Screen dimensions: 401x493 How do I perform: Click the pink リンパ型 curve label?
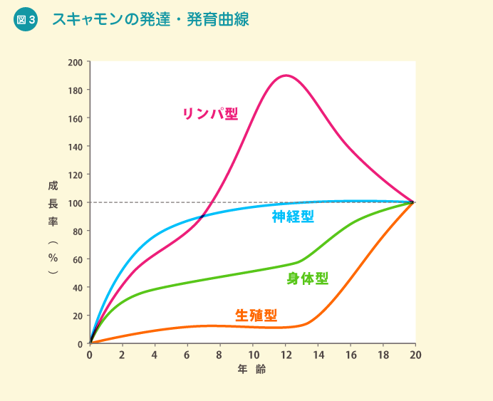coord(210,113)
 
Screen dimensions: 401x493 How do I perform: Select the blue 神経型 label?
coord(293,217)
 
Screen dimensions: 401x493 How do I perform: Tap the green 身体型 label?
coord(308,278)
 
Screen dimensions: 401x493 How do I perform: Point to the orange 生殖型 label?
coord(256,315)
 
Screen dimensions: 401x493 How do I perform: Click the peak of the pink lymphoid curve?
coord(286,75)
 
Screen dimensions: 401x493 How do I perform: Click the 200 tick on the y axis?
coord(75,62)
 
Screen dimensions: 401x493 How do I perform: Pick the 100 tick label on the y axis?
coord(75,203)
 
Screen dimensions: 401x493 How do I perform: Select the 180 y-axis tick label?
coord(75,90)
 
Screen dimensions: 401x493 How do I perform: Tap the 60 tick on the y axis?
coord(77,259)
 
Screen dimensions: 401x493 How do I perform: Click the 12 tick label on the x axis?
coord(286,355)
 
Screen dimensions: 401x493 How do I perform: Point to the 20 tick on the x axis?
coord(415,355)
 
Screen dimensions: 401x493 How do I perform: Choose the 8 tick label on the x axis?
coord(219,355)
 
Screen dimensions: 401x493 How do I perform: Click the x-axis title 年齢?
coord(251,370)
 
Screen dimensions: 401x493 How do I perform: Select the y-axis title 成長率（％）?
coord(53,228)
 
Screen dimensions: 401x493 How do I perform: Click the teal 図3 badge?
coord(25,20)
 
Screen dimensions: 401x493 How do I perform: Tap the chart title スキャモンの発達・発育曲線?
coord(150,20)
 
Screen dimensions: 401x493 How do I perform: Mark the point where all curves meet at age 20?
coord(413,202)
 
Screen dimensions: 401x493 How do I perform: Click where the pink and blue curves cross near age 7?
coord(204,215)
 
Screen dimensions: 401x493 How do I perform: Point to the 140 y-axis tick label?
coord(75,147)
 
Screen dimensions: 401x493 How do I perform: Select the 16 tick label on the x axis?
coord(350,355)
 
